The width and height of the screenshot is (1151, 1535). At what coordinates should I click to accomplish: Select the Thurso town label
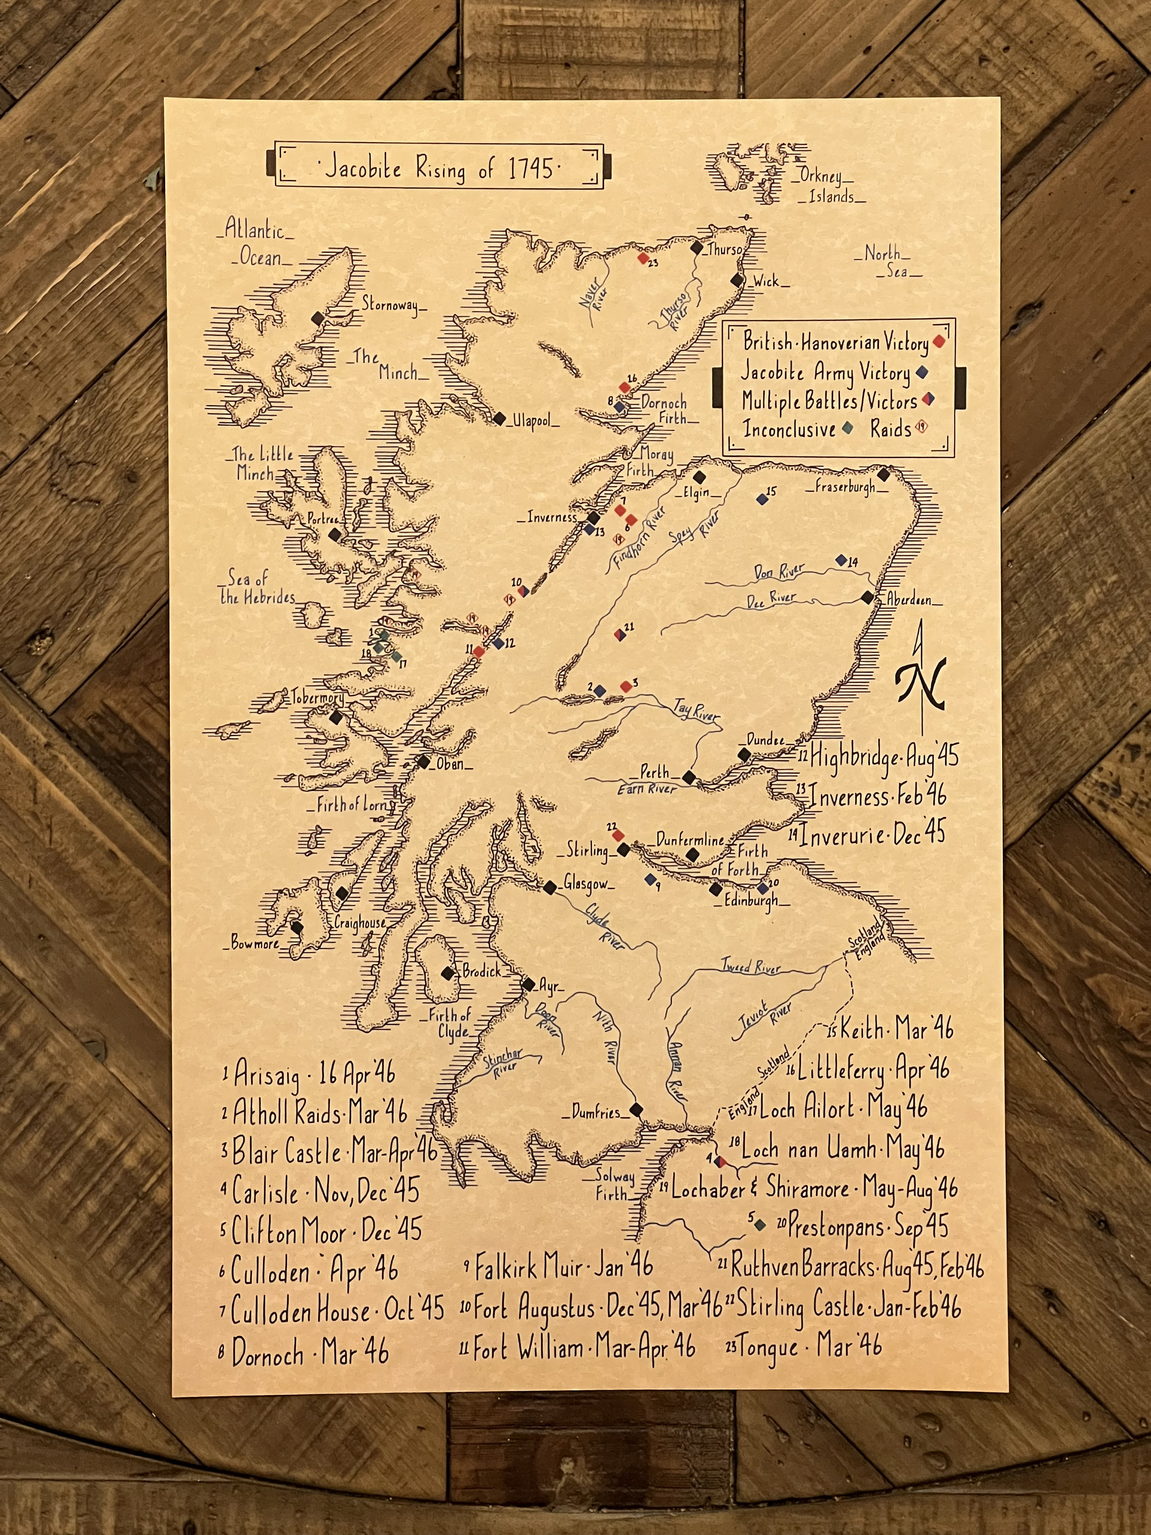pos(724,250)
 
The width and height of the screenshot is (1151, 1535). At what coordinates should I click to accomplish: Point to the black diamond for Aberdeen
pos(867,597)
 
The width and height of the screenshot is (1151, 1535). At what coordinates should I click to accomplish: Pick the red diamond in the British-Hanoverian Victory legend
pos(940,341)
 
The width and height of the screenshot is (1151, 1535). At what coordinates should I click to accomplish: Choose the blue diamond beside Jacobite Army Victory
pos(922,372)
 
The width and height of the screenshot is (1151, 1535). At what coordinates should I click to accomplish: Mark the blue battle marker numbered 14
pos(842,559)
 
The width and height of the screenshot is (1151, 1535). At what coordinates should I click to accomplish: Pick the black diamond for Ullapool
pos(499,419)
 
